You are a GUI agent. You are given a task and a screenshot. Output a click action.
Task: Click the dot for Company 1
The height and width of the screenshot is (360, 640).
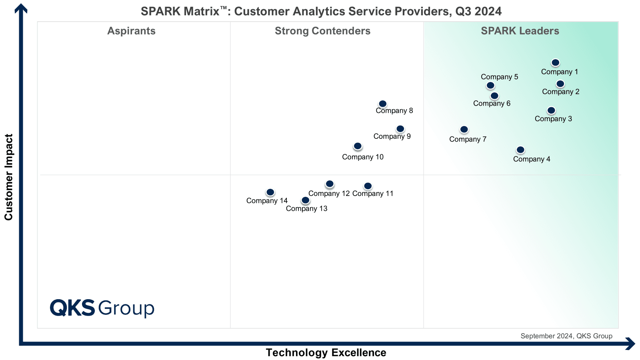point(555,62)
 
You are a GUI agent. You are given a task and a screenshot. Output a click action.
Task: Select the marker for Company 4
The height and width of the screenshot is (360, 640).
point(520,150)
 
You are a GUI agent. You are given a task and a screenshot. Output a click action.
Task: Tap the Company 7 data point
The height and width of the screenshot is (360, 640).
point(464,130)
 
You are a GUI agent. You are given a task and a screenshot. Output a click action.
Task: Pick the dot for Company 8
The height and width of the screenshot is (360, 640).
point(382,104)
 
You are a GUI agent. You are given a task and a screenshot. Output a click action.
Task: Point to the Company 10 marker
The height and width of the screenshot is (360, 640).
point(358,146)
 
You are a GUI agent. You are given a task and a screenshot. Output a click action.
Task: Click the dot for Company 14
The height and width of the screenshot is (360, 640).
point(270,192)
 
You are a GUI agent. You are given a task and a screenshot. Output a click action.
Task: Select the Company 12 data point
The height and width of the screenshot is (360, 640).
point(330,184)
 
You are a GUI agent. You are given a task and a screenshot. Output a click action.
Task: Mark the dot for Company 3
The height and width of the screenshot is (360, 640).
point(551,110)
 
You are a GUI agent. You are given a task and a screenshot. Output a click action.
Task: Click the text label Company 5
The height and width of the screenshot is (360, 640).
point(500,77)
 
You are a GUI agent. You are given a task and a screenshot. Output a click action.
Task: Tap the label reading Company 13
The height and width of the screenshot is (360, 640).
point(306,208)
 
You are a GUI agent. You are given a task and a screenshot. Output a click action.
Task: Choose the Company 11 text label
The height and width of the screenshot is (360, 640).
point(373,194)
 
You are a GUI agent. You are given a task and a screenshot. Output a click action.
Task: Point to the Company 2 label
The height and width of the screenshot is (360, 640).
point(560,92)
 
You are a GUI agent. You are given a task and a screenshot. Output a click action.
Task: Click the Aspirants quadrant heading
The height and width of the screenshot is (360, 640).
point(132,31)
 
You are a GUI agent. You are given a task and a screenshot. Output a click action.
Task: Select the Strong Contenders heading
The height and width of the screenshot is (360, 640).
point(322,31)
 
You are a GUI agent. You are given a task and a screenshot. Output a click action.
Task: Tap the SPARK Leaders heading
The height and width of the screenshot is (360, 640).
point(520,31)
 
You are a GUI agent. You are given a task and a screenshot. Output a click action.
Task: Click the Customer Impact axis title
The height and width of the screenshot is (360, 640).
point(8,177)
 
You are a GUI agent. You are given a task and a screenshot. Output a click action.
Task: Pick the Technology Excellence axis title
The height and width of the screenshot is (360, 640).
point(326,352)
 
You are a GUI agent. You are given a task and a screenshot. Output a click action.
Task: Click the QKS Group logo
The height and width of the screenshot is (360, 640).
point(102,308)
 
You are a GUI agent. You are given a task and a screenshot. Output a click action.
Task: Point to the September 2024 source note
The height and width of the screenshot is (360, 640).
point(566,336)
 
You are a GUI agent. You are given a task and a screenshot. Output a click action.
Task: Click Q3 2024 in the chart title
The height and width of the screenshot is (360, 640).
point(478,12)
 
